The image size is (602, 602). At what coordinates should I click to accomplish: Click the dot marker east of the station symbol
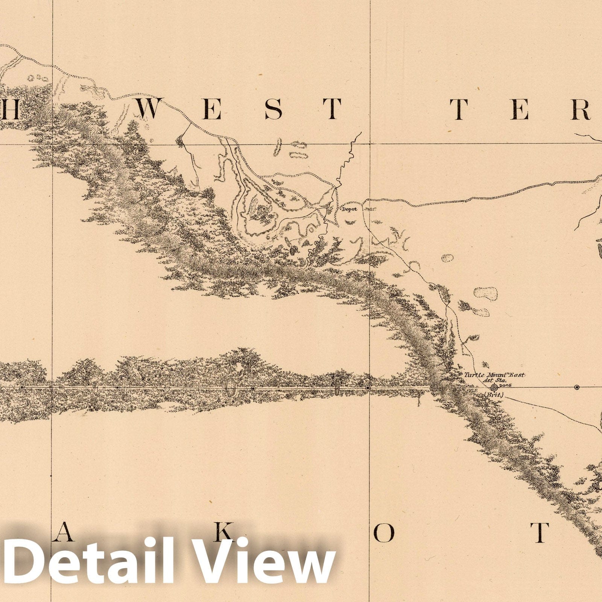click(x=577, y=387)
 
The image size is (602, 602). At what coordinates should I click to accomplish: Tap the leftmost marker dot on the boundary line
click(x=22, y=387)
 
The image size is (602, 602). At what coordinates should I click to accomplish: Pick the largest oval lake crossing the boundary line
click(x=230, y=387)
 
